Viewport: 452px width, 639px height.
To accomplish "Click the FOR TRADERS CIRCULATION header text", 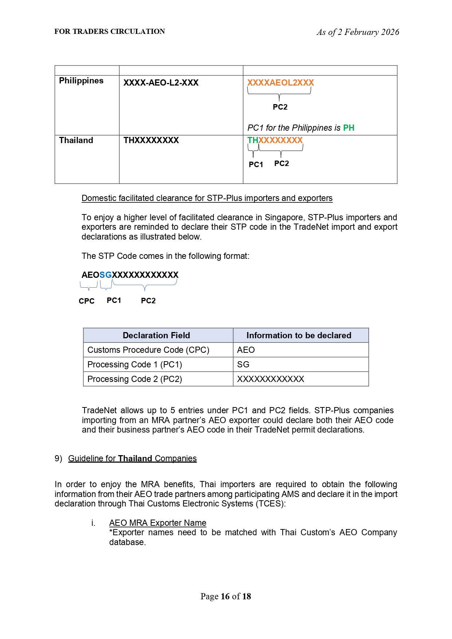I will (x=110, y=32).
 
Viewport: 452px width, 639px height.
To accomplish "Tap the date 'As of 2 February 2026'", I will (x=358, y=32).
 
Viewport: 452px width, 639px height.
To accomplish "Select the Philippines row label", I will (x=81, y=81).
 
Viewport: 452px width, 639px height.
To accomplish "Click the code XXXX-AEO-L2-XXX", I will (x=161, y=83).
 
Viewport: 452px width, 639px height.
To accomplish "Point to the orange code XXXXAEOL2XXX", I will (x=280, y=83).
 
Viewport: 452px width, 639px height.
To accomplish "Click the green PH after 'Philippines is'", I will (x=349, y=128).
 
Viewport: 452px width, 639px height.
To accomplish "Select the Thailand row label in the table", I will (x=76, y=141).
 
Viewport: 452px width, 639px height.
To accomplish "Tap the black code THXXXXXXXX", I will (x=151, y=141).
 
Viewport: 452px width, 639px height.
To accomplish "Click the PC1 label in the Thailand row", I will (x=256, y=165).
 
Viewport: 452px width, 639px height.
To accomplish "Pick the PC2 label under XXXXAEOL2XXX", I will (x=280, y=107).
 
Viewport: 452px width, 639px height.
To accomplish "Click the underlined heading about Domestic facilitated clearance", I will (x=207, y=198).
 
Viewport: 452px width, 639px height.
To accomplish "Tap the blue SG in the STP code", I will (x=106, y=275).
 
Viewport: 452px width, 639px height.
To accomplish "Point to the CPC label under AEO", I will (x=87, y=301).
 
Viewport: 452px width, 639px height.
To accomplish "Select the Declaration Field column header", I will (x=156, y=335).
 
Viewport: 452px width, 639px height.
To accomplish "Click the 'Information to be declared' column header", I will (x=299, y=335).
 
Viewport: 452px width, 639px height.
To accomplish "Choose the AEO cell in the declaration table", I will (x=246, y=350).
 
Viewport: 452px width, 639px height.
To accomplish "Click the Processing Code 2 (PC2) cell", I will (x=135, y=379).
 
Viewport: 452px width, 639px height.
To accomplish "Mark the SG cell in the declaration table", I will (x=243, y=364).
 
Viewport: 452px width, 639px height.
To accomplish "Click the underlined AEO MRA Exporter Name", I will (x=158, y=523).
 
